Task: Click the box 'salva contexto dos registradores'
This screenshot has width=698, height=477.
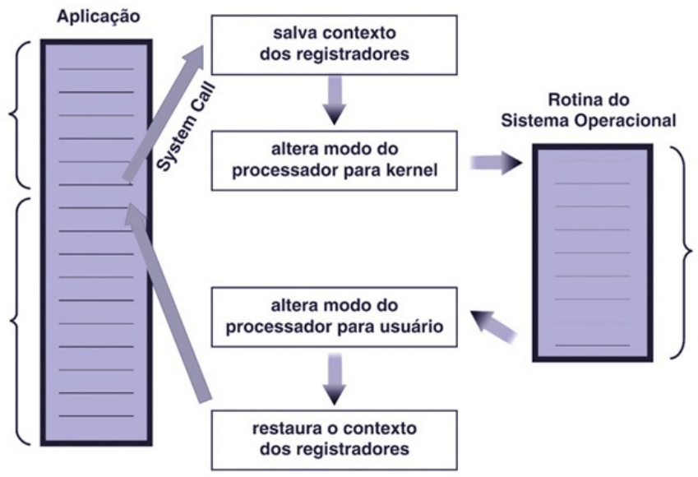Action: pos(333,44)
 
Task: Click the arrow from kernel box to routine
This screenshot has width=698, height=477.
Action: pos(496,162)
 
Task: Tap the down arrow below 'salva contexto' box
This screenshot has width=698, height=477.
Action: pos(334,101)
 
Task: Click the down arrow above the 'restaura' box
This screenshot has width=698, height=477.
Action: pos(334,377)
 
